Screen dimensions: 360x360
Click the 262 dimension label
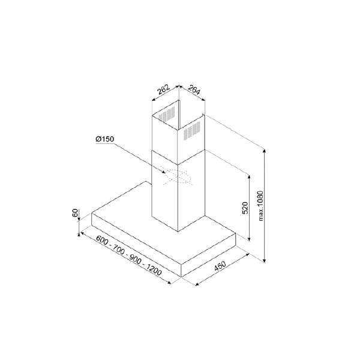[163, 90]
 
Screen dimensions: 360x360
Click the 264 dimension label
[194, 89]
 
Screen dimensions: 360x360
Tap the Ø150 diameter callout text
[104, 139]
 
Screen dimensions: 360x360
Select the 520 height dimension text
[245, 208]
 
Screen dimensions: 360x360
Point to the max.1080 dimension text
[261, 206]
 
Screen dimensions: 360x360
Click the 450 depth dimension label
[220, 266]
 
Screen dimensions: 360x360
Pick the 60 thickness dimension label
[75, 213]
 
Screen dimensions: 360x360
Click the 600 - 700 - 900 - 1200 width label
[128, 255]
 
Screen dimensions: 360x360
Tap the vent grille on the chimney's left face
[166, 114]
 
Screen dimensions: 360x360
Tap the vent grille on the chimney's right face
[192, 131]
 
